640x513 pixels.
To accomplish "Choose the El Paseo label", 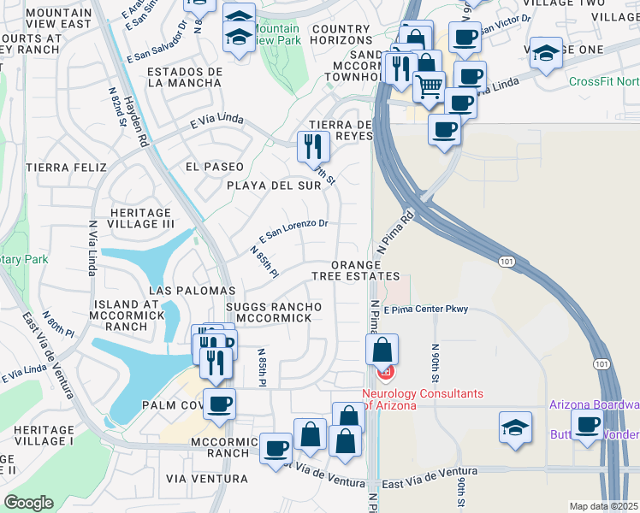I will point(214,167).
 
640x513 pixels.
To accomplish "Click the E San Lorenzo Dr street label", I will point(293,230).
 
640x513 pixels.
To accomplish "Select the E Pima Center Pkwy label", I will point(426,310).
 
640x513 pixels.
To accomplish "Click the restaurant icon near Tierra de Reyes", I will point(313,147).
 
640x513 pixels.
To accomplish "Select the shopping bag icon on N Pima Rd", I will point(382,350).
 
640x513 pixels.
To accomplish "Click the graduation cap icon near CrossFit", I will point(546,54).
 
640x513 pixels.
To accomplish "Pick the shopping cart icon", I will point(429,86).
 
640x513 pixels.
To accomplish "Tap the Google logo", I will point(29,503).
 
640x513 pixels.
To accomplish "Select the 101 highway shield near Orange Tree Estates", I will point(507,257).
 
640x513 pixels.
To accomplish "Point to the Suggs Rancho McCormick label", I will point(274,312).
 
